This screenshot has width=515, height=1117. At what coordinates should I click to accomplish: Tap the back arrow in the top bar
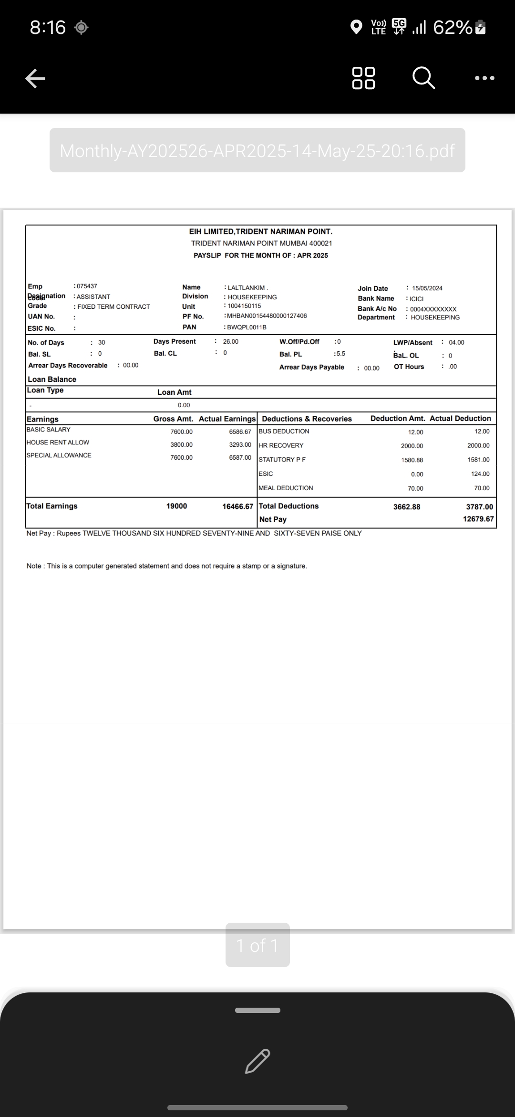coord(35,78)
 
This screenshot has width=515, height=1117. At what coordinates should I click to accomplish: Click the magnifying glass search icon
coord(423,78)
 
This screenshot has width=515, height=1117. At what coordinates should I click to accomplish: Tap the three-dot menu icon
coord(484,78)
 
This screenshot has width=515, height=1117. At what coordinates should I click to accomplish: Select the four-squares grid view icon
coord(363,78)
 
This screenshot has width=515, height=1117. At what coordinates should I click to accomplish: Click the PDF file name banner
coord(257,150)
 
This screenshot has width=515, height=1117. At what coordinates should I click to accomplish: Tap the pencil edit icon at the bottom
coord(257,1061)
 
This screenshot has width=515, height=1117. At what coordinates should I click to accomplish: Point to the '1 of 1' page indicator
coord(257,945)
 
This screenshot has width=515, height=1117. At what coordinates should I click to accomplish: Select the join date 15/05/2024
coord(427,288)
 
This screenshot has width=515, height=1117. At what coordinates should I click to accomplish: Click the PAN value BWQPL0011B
coord(247,327)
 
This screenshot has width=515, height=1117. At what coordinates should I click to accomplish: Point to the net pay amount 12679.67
coord(478,519)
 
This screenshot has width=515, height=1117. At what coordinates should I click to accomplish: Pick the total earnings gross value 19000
coord(176,506)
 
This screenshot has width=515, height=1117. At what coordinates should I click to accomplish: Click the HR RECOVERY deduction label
coord(281,445)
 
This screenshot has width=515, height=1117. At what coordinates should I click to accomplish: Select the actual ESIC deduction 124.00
coord(480,474)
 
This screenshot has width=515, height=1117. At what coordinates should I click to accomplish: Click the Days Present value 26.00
coord(231,342)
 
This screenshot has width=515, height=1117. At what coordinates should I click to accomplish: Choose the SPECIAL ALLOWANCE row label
coord(59,455)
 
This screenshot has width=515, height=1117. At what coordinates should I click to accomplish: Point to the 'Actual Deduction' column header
coord(460,419)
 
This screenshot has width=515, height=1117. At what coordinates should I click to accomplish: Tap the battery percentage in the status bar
coord(453,28)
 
